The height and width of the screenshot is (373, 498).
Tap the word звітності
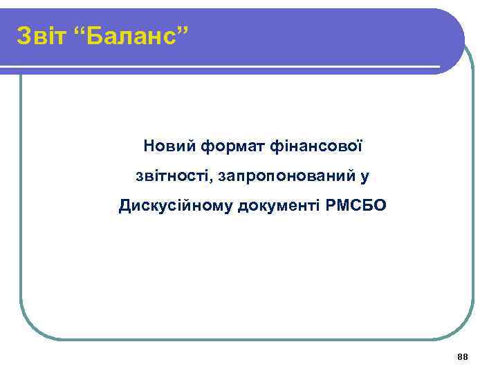pyautogui.click(x=173, y=176)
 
